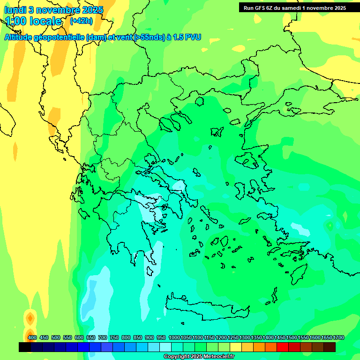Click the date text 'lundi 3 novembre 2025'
click(53, 10)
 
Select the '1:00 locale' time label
click(33, 21)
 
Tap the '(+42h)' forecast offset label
click(81, 21)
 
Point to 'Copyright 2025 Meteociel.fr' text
click(199, 356)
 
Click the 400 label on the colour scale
click(32, 337)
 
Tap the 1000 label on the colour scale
click(174, 337)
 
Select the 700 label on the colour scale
click(103, 337)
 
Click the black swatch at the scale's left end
click(25, 347)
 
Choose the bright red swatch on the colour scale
click(283, 347)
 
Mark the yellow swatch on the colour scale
click(236, 347)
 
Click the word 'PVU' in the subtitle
click(193, 37)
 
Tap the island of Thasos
click(200, 101)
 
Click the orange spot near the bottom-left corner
click(30, 319)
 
